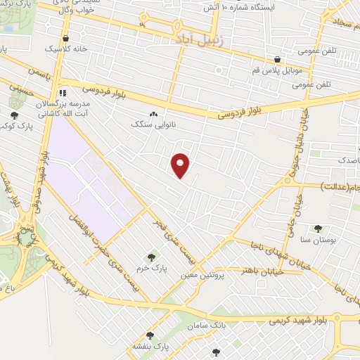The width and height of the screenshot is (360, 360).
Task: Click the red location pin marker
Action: point(181,165)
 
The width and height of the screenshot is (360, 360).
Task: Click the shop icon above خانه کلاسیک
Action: point(65,39)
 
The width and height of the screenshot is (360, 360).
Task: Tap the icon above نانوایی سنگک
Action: point(153,113)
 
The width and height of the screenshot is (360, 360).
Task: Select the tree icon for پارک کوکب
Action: point(14,115)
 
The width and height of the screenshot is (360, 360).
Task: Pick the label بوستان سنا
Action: point(318,240)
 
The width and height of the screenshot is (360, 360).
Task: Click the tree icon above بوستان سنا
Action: point(318,229)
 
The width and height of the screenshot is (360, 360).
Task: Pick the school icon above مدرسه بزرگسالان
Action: point(63,92)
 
